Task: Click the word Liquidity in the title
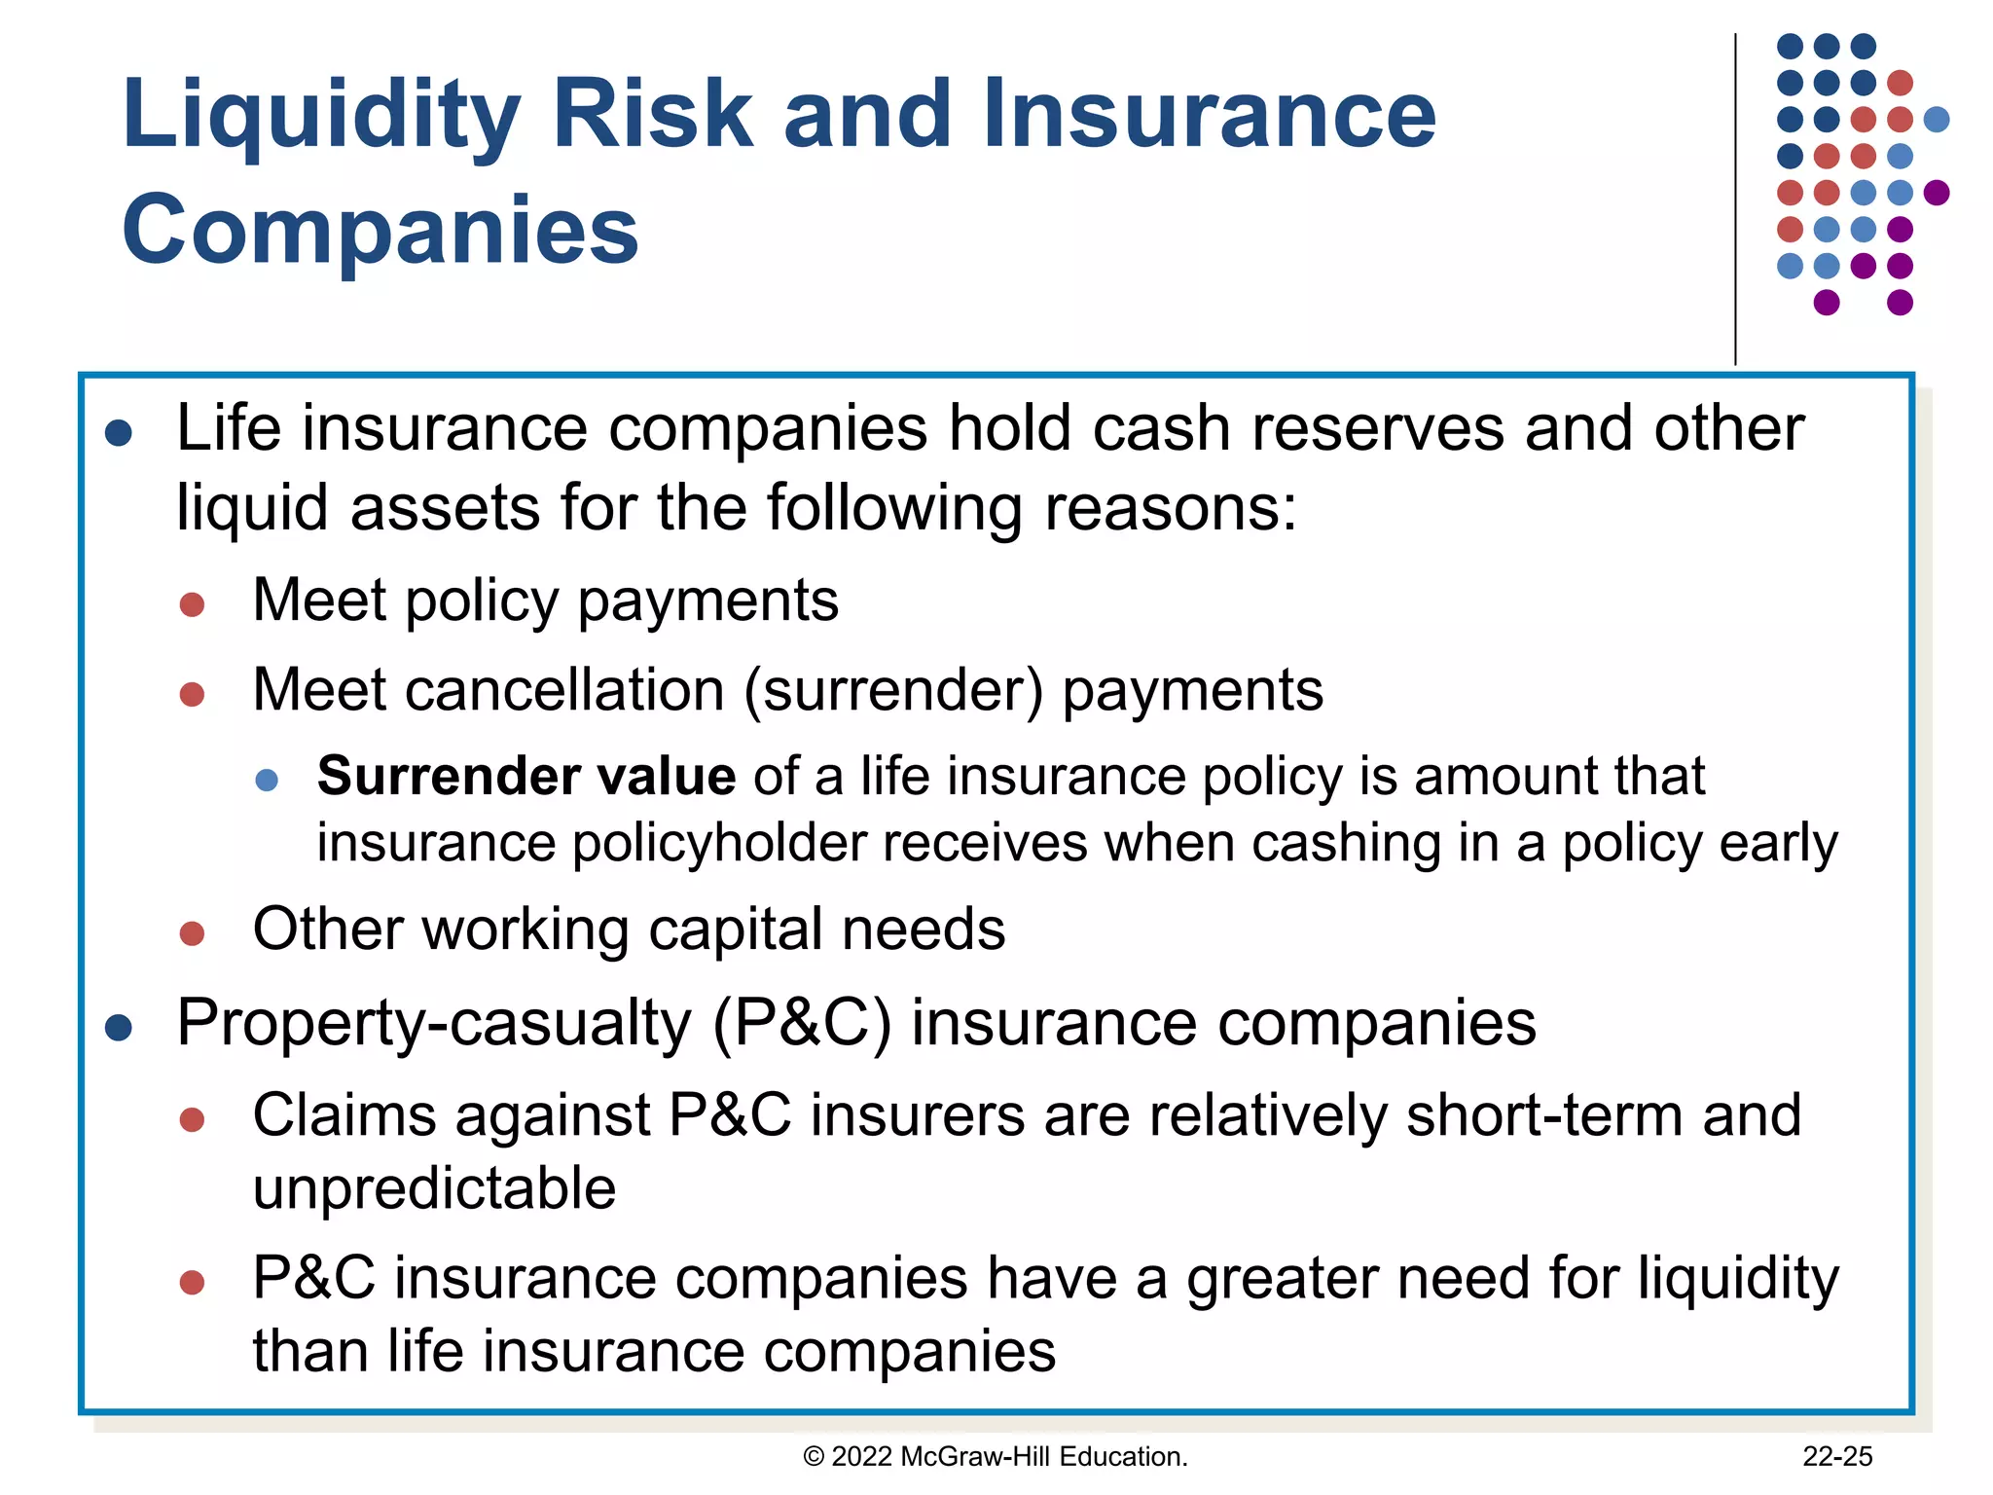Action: coord(321,115)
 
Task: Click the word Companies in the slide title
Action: coord(380,230)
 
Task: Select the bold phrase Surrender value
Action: coord(525,777)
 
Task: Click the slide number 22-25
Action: coord(1836,1456)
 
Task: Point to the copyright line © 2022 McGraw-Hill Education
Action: coord(995,1456)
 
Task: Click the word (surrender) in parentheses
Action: coord(893,691)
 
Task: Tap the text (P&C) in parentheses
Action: coord(802,1024)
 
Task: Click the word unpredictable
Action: coord(434,1188)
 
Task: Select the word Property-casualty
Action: coord(434,1024)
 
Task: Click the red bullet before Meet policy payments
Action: coord(192,604)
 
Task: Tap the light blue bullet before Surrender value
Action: coord(267,780)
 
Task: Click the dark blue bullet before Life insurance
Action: coord(119,433)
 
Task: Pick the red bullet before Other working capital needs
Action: coord(192,933)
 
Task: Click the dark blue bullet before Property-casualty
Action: coord(119,1028)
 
